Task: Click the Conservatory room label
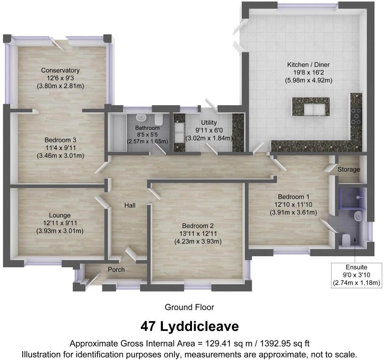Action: (x=60, y=70)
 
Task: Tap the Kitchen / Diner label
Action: (x=308, y=65)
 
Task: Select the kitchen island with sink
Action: (x=310, y=107)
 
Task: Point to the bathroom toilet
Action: (x=159, y=119)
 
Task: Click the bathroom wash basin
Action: (x=142, y=117)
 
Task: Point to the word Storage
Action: (x=348, y=170)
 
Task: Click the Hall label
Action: (x=129, y=205)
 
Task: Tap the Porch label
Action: (x=116, y=270)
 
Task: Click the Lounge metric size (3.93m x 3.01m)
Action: (x=60, y=231)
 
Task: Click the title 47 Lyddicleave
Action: (x=190, y=326)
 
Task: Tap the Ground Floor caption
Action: (x=190, y=307)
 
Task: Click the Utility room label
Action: (x=209, y=123)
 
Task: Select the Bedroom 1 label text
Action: (x=292, y=197)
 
